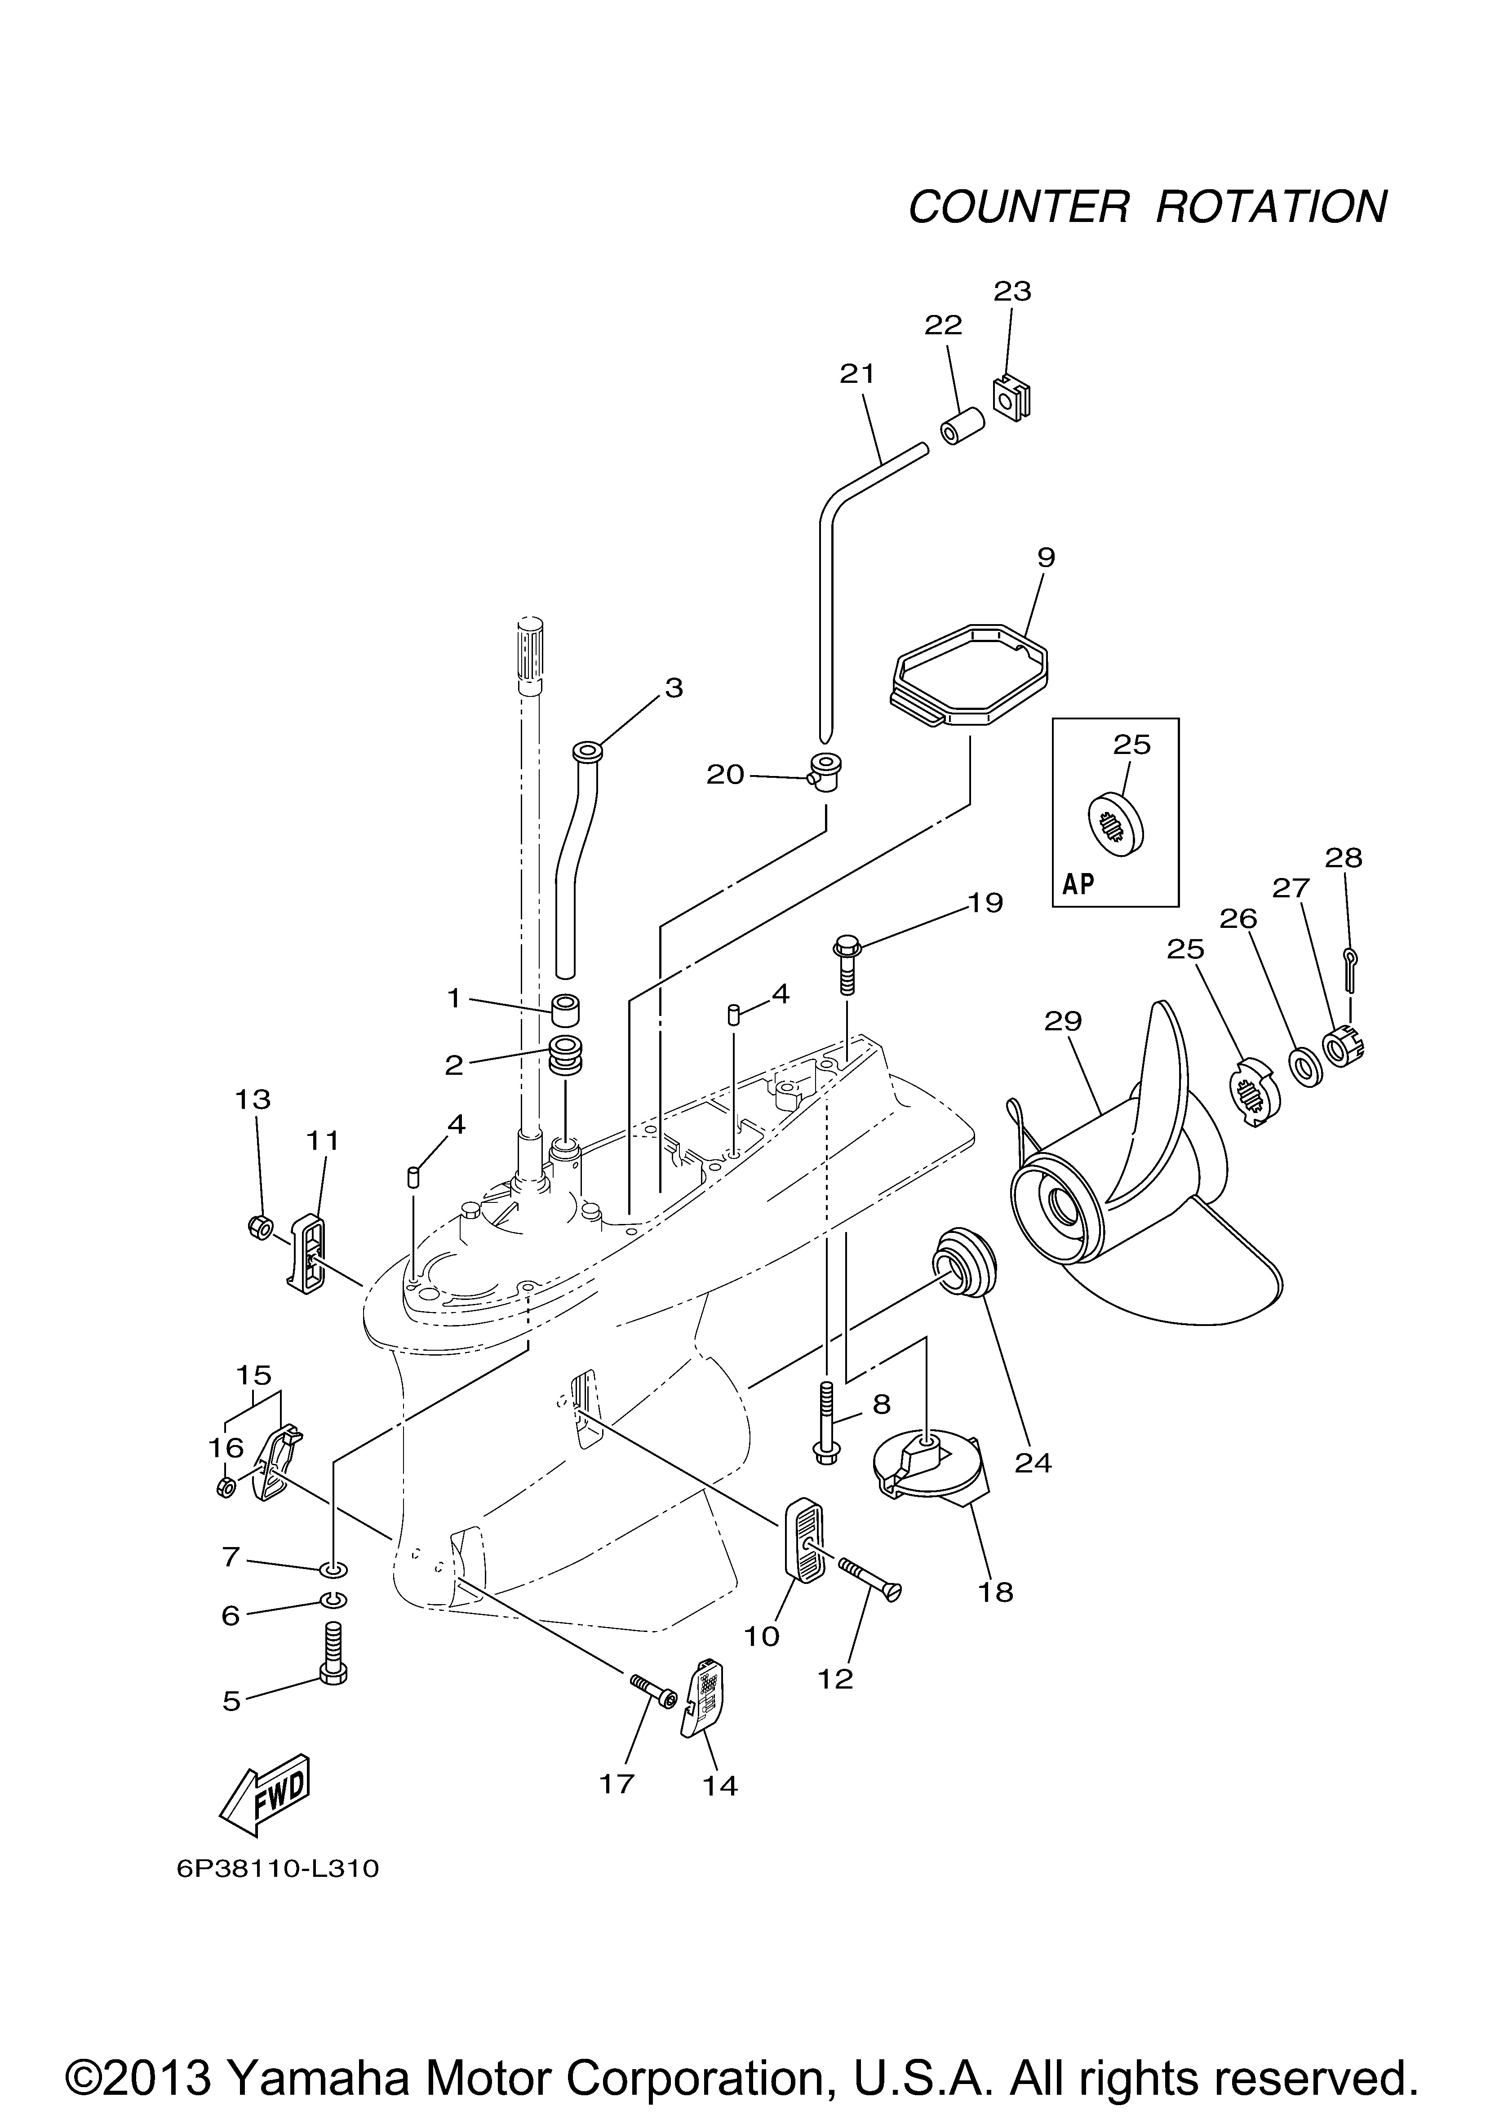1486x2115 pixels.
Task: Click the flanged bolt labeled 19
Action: [846, 962]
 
